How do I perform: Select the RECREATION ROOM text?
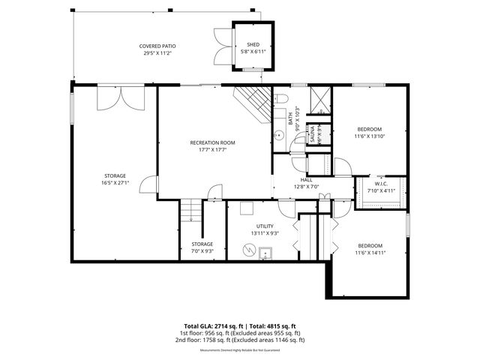coord(212,142)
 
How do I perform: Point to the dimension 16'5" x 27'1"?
coord(115,182)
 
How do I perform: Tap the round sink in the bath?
coord(277,135)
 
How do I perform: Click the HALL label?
coord(307,180)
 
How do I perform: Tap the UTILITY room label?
coord(265,226)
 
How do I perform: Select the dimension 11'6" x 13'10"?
coord(369,136)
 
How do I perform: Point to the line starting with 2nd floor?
coord(239,340)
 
